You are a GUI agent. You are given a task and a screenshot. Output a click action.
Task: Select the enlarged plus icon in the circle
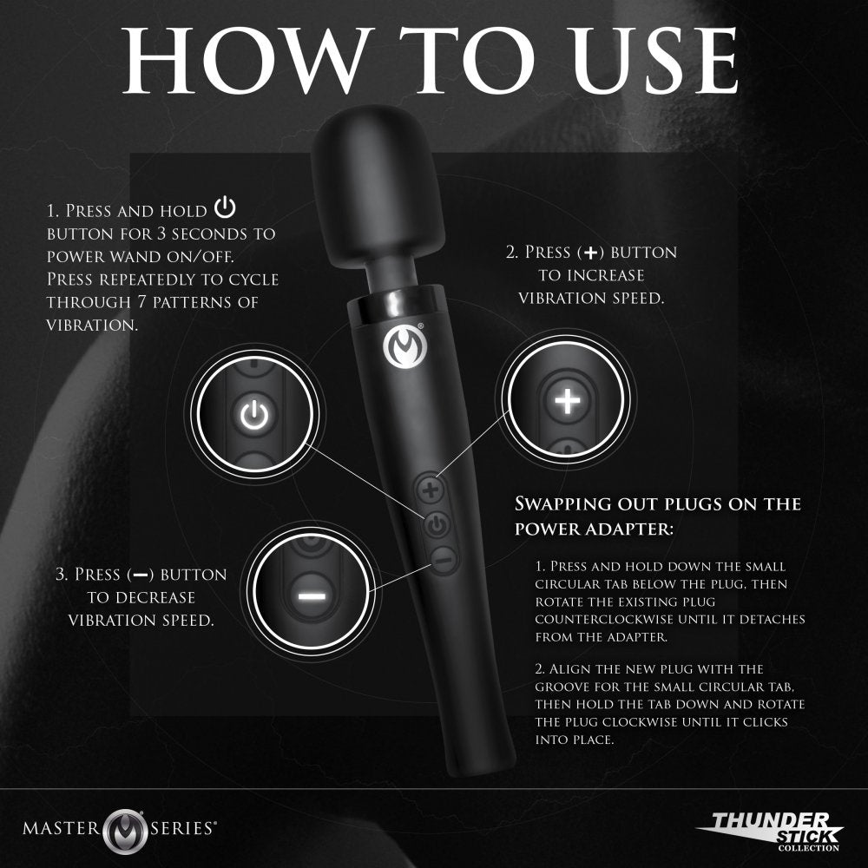[567, 401]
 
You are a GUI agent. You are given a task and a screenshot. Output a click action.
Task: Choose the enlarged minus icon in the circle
[311, 596]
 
